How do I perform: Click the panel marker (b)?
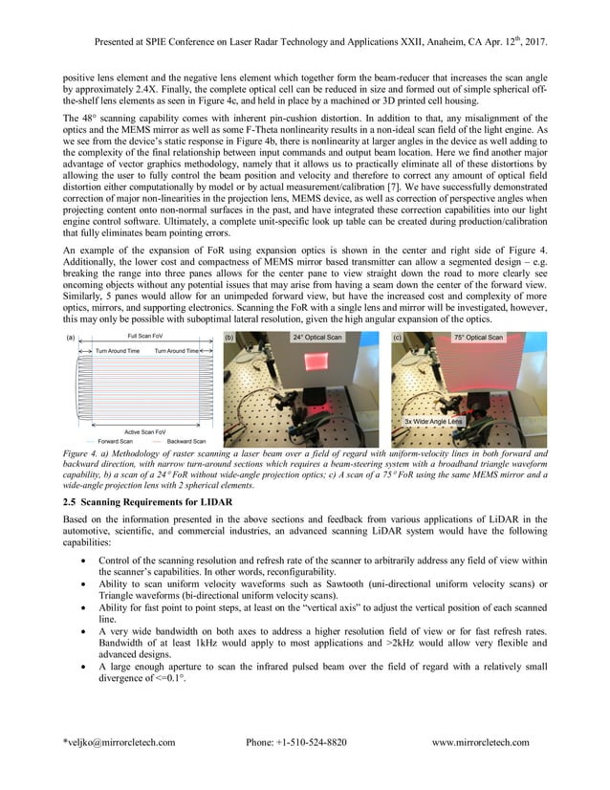coord(229,339)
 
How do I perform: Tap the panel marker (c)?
coord(398,339)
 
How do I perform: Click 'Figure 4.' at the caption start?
coord(81,453)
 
